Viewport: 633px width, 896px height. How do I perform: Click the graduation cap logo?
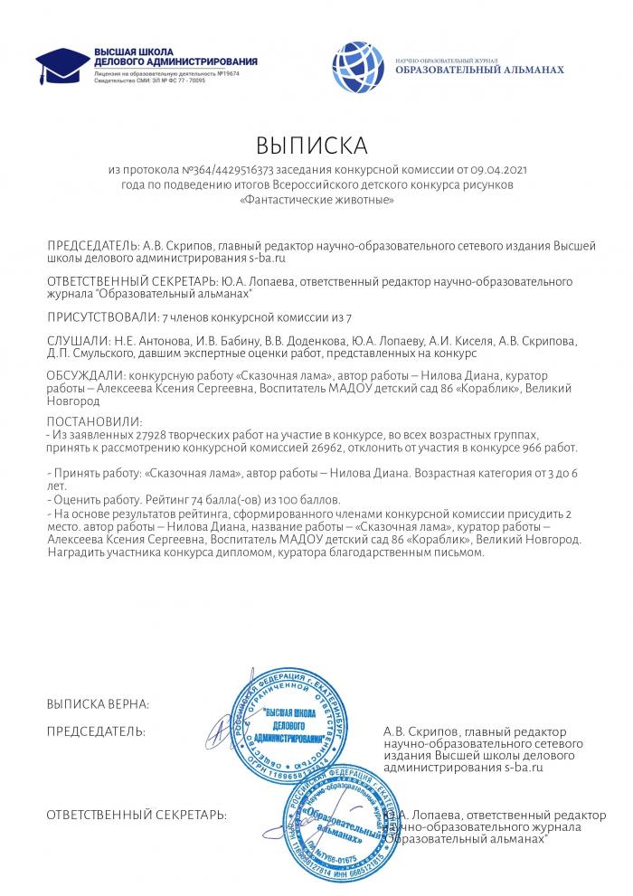[x=62, y=64]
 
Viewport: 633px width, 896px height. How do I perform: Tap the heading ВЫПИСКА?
[x=312, y=146]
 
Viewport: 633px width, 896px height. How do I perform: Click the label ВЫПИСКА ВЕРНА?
[x=98, y=703]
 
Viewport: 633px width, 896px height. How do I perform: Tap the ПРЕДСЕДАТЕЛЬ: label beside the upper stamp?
[x=95, y=730]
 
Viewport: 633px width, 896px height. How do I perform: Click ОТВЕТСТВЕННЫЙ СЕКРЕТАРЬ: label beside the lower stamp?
[x=137, y=816]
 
